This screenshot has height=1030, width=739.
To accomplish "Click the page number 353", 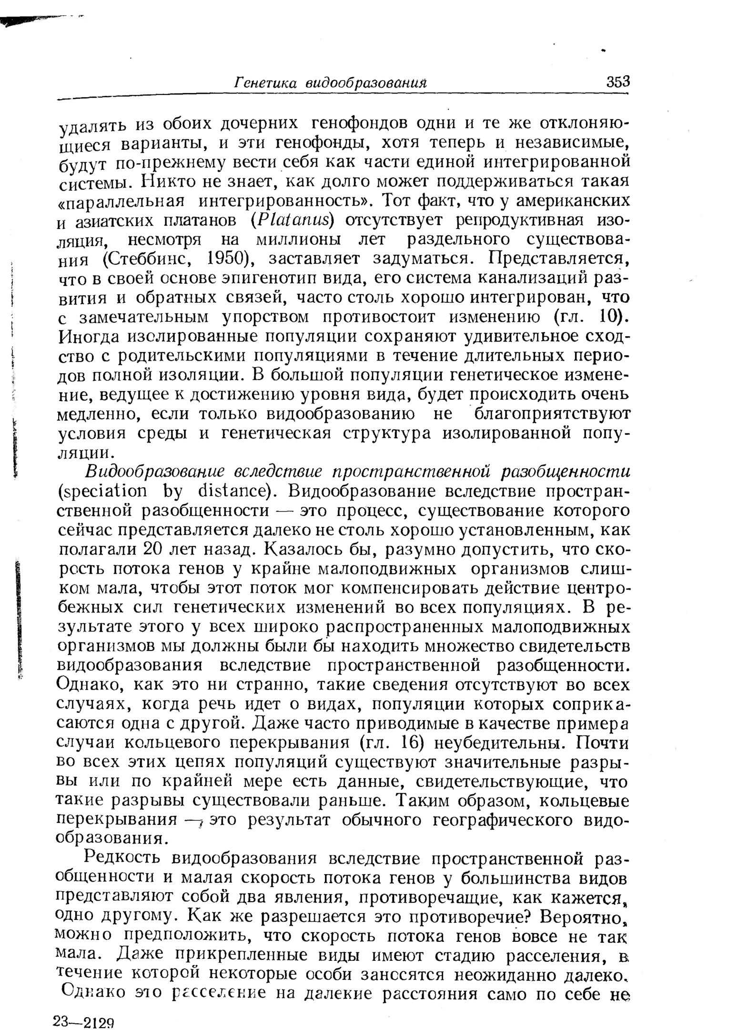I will tap(618, 82).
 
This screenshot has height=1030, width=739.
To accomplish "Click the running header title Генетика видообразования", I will tap(330, 82).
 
